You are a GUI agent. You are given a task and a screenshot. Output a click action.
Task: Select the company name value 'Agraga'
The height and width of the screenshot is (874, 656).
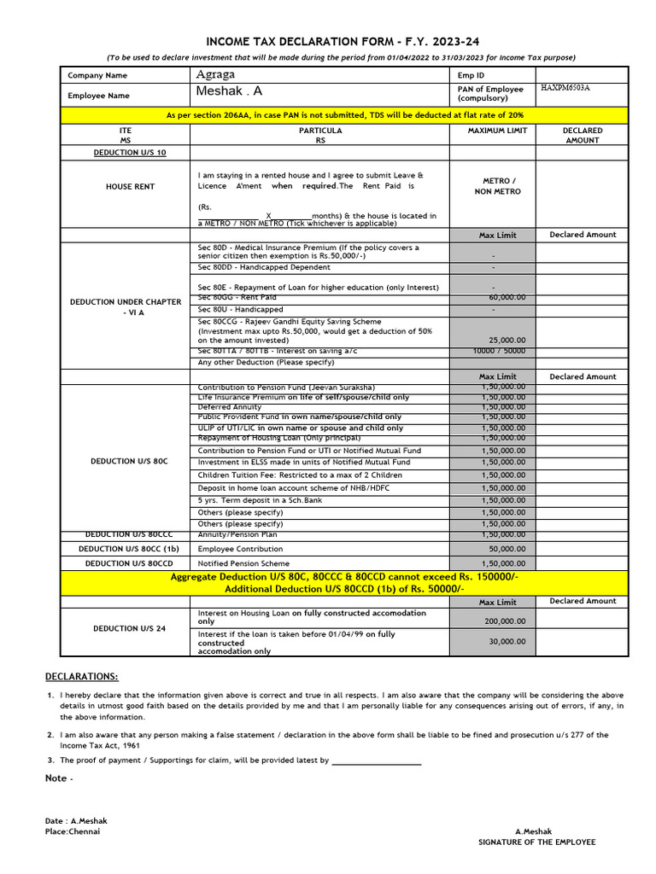[x=214, y=75]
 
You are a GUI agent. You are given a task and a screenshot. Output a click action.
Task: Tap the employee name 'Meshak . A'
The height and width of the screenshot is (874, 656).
[x=230, y=91]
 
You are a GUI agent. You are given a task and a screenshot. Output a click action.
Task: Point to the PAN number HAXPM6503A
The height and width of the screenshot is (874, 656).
[x=565, y=88]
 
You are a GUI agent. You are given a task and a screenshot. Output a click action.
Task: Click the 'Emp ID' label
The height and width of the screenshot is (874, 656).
[x=471, y=76]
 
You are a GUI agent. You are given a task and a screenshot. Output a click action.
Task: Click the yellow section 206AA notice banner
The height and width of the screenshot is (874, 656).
[x=344, y=114]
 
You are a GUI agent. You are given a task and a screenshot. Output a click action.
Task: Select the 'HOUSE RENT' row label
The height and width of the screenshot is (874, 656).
[x=130, y=186]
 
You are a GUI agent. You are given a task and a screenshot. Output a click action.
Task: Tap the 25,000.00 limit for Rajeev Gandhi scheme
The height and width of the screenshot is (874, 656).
[x=507, y=339]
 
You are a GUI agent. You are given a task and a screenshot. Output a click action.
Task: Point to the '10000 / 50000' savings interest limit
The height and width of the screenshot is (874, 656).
[x=499, y=351]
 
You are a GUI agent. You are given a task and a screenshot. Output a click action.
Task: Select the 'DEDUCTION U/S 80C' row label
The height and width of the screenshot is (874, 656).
[x=128, y=461]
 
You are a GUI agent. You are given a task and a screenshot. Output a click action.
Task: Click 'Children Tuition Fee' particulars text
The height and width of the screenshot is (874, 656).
[x=300, y=475]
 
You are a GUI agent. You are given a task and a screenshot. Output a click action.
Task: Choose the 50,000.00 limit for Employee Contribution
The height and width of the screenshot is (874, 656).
[x=507, y=549]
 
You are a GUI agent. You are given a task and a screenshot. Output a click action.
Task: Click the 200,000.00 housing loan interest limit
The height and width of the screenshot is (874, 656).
[x=505, y=622]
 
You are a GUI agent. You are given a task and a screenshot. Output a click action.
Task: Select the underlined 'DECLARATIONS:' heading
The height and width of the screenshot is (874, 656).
[x=82, y=676]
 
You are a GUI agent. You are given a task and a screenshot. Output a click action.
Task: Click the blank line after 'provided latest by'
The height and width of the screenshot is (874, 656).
[x=376, y=760]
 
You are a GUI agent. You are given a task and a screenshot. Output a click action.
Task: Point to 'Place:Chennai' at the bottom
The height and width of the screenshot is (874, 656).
[x=73, y=831]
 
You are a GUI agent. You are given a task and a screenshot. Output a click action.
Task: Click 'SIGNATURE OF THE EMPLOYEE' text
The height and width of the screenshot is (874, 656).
[x=536, y=842]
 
